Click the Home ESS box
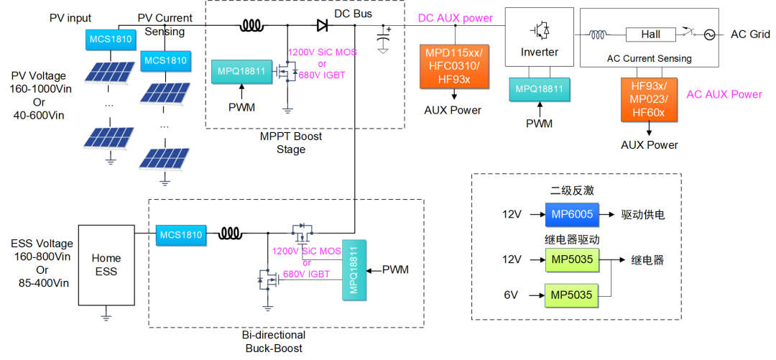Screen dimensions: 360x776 click(106, 264)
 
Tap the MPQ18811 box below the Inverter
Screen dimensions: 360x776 click(539, 89)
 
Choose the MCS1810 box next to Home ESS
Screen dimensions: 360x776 click(180, 234)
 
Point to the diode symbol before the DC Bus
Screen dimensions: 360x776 click(323, 26)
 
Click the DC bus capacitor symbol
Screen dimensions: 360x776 click(383, 40)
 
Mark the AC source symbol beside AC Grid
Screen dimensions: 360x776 click(709, 34)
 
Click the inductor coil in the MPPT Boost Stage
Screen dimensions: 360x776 click(251, 26)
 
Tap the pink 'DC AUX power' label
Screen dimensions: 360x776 click(456, 17)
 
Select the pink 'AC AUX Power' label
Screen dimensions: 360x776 click(724, 94)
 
